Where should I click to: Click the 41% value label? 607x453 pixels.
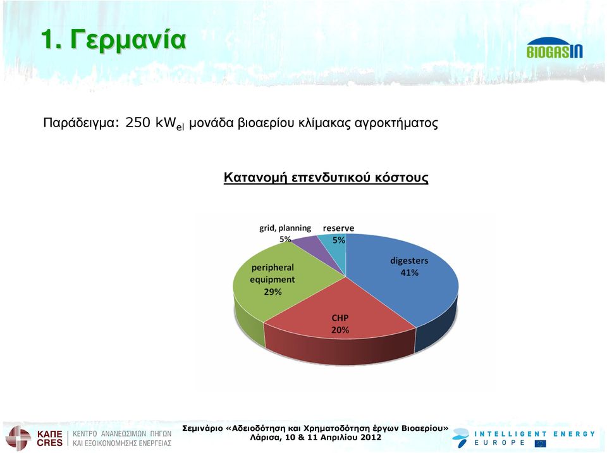click(409, 273)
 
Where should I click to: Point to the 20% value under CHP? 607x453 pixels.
click(340, 330)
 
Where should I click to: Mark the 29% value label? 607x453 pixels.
click(273, 292)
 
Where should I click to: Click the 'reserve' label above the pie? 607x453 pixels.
click(338, 228)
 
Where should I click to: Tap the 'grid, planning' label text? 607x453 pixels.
click(285, 228)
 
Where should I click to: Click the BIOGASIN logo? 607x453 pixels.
click(555, 48)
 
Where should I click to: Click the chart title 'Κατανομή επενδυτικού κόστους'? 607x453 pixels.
click(326, 178)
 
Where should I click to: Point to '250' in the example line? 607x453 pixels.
click(137, 123)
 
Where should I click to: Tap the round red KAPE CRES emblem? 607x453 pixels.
click(18, 438)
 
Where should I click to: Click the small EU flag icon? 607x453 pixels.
click(540, 444)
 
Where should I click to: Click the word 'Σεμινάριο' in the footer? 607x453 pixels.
click(202, 428)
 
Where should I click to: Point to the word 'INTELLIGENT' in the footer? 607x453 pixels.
click(510, 434)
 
